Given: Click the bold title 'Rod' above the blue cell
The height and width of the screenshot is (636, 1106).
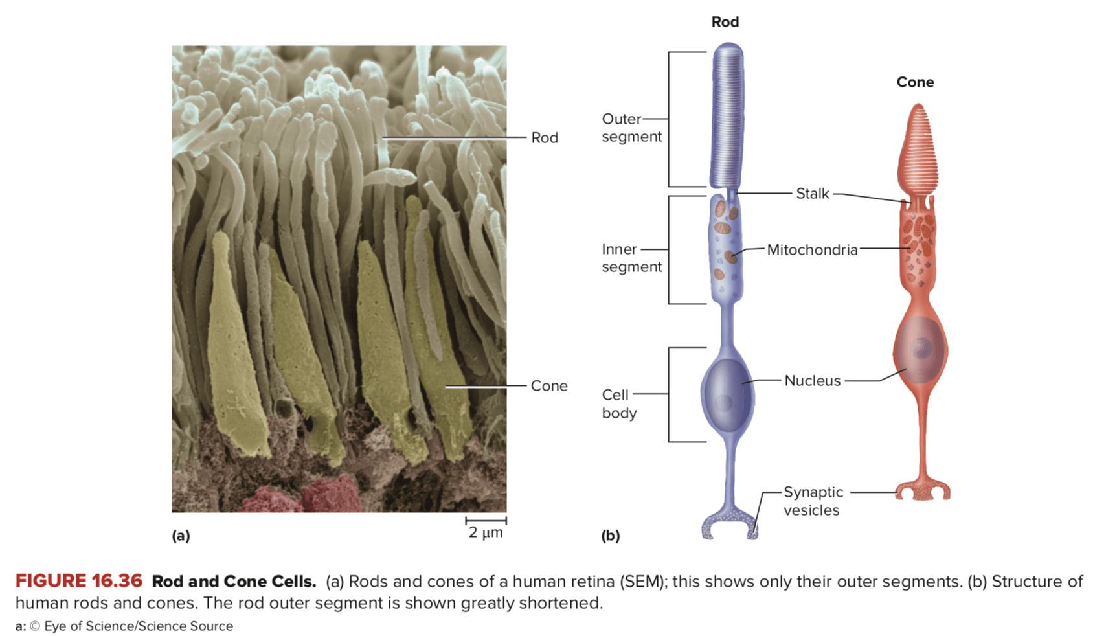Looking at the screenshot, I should tap(725, 22).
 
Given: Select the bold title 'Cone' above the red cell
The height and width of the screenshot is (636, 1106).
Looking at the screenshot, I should tap(915, 82).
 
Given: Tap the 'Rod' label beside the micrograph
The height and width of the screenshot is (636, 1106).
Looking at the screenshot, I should tap(544, 138).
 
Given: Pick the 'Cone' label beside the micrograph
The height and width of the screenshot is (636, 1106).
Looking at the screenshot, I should tap(548, 386).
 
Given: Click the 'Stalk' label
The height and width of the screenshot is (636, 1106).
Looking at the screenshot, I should tap(812, 194).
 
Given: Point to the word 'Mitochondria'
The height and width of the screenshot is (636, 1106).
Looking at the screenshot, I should tap(812, 250).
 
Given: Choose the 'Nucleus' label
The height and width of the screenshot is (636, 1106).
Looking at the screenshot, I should tap(812, 381).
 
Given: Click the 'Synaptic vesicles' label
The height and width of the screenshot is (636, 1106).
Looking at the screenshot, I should tap(813, 501).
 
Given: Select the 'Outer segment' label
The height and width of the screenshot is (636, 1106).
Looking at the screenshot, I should tap(631, 128).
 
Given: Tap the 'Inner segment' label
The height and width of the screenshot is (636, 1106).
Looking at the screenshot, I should tap(631, 258).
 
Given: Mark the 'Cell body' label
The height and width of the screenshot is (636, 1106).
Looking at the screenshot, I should tap(618, 404).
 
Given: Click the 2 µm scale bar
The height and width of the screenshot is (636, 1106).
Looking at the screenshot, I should tap(486, 520).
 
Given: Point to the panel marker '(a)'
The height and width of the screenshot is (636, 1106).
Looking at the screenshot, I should tap(181, 536).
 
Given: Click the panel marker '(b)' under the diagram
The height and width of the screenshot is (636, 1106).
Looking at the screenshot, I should tap(610, 536).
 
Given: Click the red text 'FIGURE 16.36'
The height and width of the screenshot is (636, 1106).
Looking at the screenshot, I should tap(78, 582).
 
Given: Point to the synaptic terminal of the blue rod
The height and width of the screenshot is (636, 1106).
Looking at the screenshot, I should tap(729, 524).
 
